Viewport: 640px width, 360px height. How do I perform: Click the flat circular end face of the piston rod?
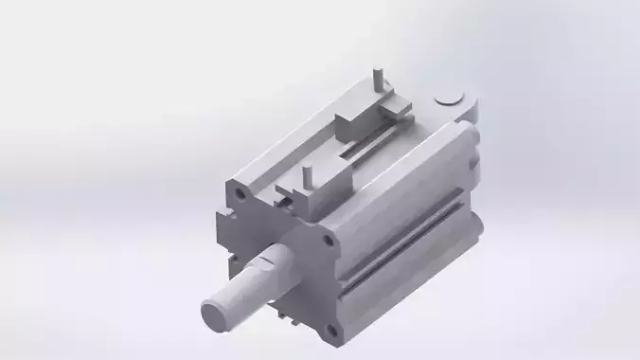[218, 315]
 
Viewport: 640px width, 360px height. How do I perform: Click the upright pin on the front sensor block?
[307, 177]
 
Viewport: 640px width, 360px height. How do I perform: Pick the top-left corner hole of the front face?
[241, 192]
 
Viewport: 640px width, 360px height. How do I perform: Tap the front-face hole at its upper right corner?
[329, 241]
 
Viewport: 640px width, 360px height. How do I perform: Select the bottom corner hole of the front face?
[330, 331]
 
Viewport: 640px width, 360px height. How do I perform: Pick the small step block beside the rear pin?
[400, 108]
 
